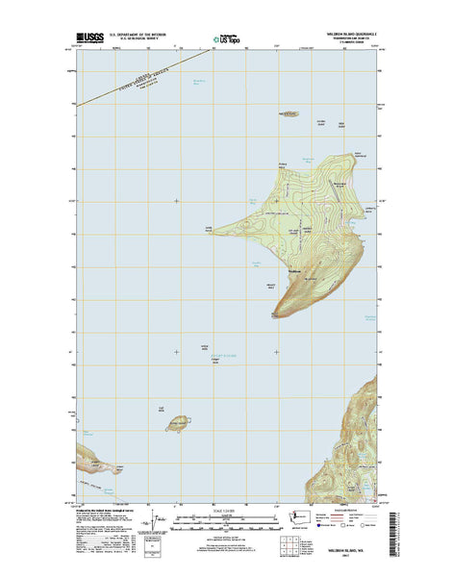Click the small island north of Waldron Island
click(288, 113)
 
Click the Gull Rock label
click(161, 409)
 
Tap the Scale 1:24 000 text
click(227, 511)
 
